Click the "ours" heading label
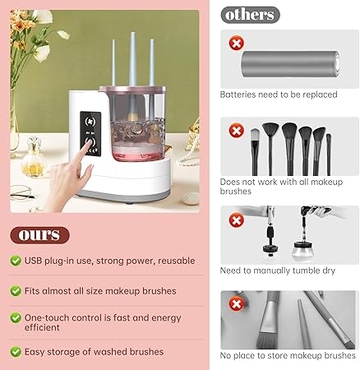coord(39,235)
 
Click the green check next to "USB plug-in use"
coord(16,261)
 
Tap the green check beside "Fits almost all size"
coord(16,290)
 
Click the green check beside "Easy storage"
coord(16,352)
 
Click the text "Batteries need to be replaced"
coord(279,95)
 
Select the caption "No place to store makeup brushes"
coord(288,356)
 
